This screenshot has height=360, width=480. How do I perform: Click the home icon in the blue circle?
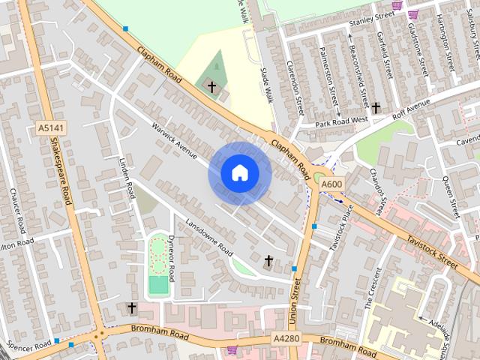click(239, 172)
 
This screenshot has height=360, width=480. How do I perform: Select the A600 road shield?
click(331, 184)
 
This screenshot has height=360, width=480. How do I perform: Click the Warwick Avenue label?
click(173, 141)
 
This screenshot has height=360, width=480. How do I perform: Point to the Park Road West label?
click(341, 121)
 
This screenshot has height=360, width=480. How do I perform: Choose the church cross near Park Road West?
click(376, 108)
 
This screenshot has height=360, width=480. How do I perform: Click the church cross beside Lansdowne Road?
click(268, 260)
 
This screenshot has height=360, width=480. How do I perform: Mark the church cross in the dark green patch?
click(211, 88)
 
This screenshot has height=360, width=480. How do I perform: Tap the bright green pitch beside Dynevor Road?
click(158, 284)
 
